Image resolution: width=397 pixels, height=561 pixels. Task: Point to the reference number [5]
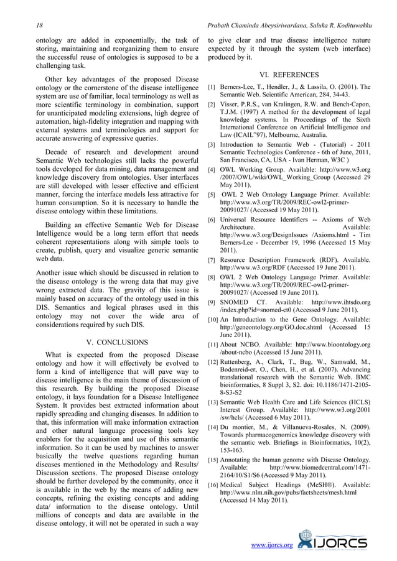(212, 195)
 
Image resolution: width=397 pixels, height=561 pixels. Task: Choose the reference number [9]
(212, 303)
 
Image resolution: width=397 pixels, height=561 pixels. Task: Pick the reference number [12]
(213, 362)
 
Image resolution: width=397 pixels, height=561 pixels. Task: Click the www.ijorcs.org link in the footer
(271, 545)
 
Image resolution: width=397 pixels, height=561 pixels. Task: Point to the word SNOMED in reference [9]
(236, 303)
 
